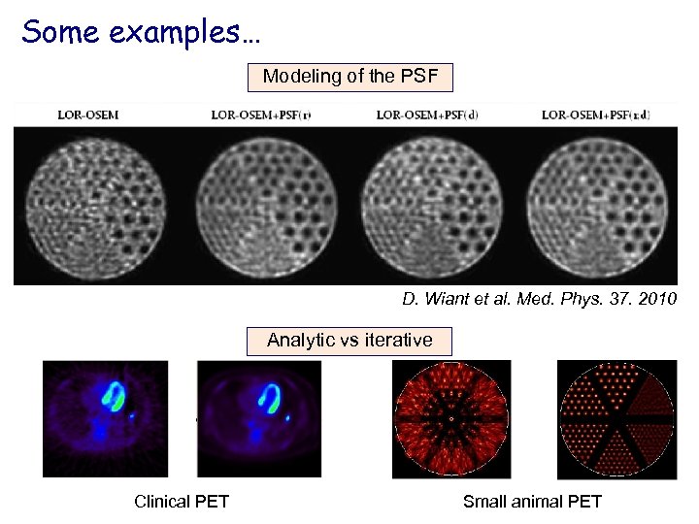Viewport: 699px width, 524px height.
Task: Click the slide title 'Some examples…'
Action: click(x=141, y=32)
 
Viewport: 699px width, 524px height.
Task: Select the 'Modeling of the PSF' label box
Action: click(x=350, y=76)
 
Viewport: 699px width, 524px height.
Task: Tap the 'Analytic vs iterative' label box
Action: click(x=350, y=340)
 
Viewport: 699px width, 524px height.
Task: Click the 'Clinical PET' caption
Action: click(x=182, y=501)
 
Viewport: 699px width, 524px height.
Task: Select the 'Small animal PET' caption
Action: click(x=532, y=501)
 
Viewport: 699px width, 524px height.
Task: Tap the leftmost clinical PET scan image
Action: click(x=105, y=418)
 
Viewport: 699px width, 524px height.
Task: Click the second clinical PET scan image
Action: click(x=259, y=418)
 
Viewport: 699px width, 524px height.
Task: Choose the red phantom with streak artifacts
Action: click(x=451, y=419)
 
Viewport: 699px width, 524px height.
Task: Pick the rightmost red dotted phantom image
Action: click(x=616, y=419)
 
